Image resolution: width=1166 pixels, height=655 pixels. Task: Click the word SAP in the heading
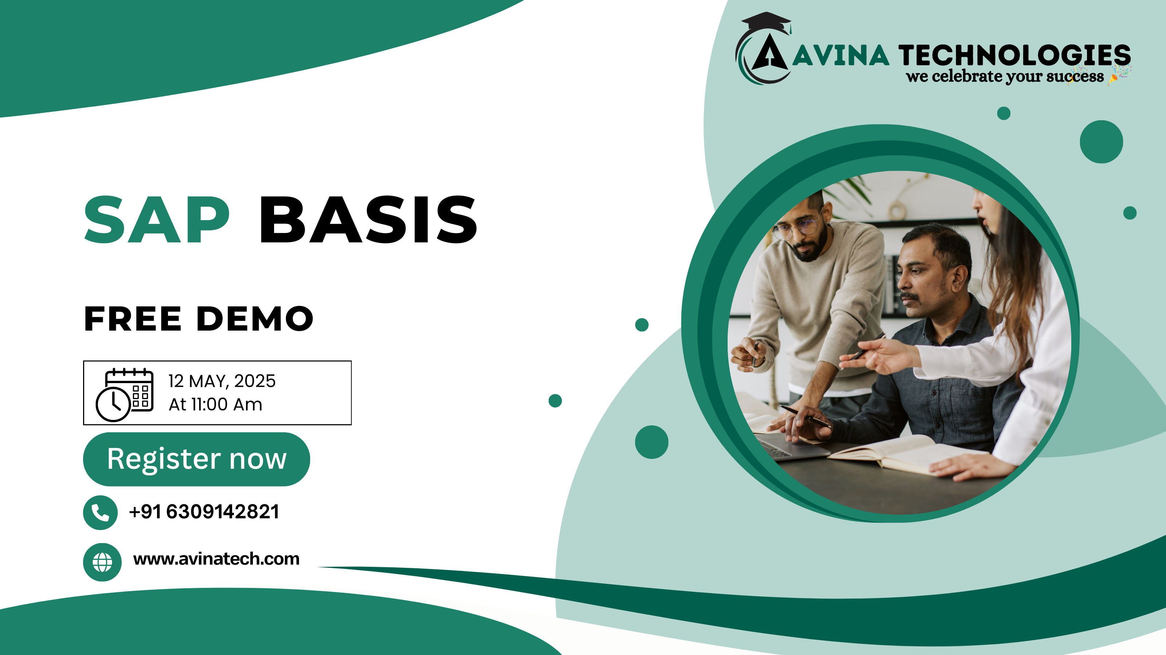pos(157,220)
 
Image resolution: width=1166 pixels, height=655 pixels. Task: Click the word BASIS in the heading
pos(368,220)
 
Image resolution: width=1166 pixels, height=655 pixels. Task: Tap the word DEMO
pos(255,319)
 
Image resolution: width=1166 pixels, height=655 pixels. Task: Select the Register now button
pos(196,459)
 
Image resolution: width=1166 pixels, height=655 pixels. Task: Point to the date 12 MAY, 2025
pos(222,381)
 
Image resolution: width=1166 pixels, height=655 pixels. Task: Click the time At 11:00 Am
pos(215,404)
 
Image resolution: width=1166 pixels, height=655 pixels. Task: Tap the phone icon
pos(101,512)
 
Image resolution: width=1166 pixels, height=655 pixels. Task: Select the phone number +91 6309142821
pos(204,512)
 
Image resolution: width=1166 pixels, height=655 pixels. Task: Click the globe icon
pos(102,562)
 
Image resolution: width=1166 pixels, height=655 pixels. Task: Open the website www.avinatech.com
pos(216,559)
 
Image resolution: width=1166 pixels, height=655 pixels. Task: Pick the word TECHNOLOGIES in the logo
pos(1014,55)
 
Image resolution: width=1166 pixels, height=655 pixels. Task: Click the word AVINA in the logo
pos(841,56)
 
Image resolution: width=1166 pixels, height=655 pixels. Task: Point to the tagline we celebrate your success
pos(1005,77)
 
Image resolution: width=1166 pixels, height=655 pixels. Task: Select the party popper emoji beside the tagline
pos(1119,75)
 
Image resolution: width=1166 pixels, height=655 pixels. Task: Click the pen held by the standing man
pos(755,353)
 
